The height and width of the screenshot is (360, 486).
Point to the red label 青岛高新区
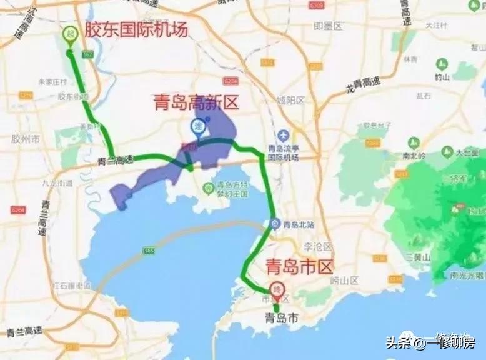(196, 102)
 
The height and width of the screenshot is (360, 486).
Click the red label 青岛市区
(300, 267)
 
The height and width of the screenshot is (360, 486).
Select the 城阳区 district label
(290, 100)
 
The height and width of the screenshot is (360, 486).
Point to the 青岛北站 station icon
(275, 223)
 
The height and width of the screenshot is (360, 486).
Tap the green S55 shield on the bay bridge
(148, 251)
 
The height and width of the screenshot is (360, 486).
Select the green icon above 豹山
(442, 64)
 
